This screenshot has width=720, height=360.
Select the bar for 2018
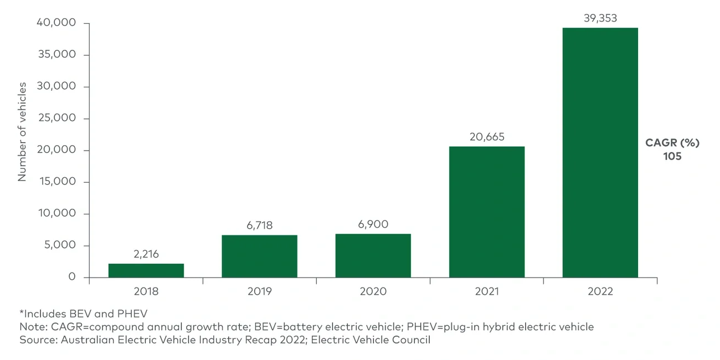(146, 270)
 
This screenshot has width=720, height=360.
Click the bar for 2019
(259, 256)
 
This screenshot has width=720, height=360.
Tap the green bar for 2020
(373, 255)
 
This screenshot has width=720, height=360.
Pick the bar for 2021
(486, 212)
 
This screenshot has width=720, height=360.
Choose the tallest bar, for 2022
(600, 152)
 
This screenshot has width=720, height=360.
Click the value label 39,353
(600, 18)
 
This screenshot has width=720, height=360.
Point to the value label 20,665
(486, 137)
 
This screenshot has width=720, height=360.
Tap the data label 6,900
(373, 224)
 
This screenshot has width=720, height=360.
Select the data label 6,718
(259, 225)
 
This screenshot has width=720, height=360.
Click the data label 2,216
(146, 254)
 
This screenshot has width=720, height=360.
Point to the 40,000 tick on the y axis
(56, 23)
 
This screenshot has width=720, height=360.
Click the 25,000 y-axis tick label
(56, 119)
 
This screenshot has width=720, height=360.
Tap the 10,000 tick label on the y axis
(56, 214)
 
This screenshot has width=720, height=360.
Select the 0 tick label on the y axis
(71, 277)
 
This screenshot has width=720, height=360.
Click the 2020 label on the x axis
(373, 291)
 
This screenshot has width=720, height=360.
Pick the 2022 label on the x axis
(600, 291)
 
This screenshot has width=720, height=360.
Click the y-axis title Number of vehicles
(22, 132)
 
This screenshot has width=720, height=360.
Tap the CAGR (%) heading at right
(672, 143)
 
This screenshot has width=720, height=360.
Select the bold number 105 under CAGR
(672, 156)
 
